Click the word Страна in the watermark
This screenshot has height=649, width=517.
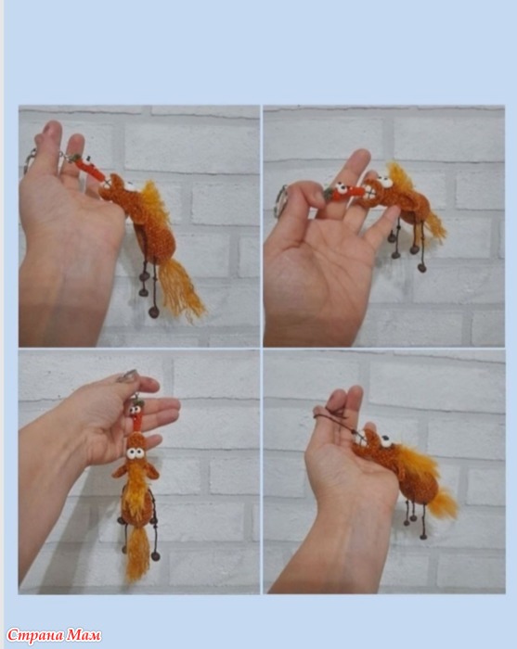click(x=35, y=634)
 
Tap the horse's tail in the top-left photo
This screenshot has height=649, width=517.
click(x=179, y=288)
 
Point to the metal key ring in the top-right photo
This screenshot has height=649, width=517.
click(x=281, y=201)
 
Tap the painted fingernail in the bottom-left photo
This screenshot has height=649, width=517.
click(x=127, y=376)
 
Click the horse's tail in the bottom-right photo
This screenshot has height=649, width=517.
click(x=444, y=503)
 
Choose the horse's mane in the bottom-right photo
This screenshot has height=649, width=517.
click(x=416, y=461)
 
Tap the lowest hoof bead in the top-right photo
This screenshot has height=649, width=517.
click(x=422, y=268)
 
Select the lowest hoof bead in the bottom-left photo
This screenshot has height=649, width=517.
click(x=156, y=556)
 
